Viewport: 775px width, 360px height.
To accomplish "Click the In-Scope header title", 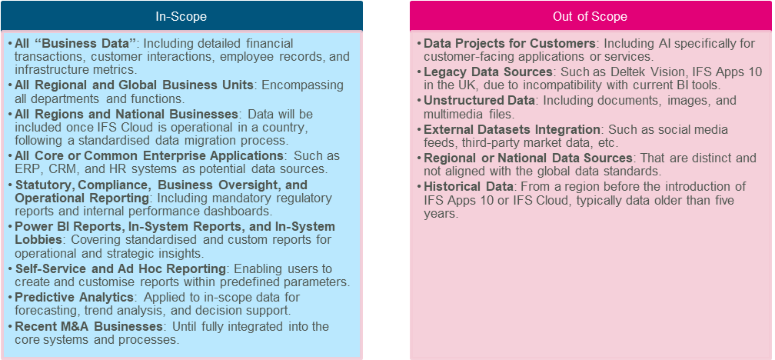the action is (x=181, y=16).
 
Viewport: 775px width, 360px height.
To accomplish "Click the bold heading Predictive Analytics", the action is (x=74, y=298).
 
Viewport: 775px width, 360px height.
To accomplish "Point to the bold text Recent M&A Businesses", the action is (x=89, y=327).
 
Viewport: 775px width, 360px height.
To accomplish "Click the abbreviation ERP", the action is (x=25, y=169).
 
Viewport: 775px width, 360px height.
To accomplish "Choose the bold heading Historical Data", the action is (x=469, y=187).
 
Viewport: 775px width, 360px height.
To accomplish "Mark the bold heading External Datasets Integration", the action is (x=512, y=129).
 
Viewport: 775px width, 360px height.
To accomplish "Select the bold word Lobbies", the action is (x=38, y=240).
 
